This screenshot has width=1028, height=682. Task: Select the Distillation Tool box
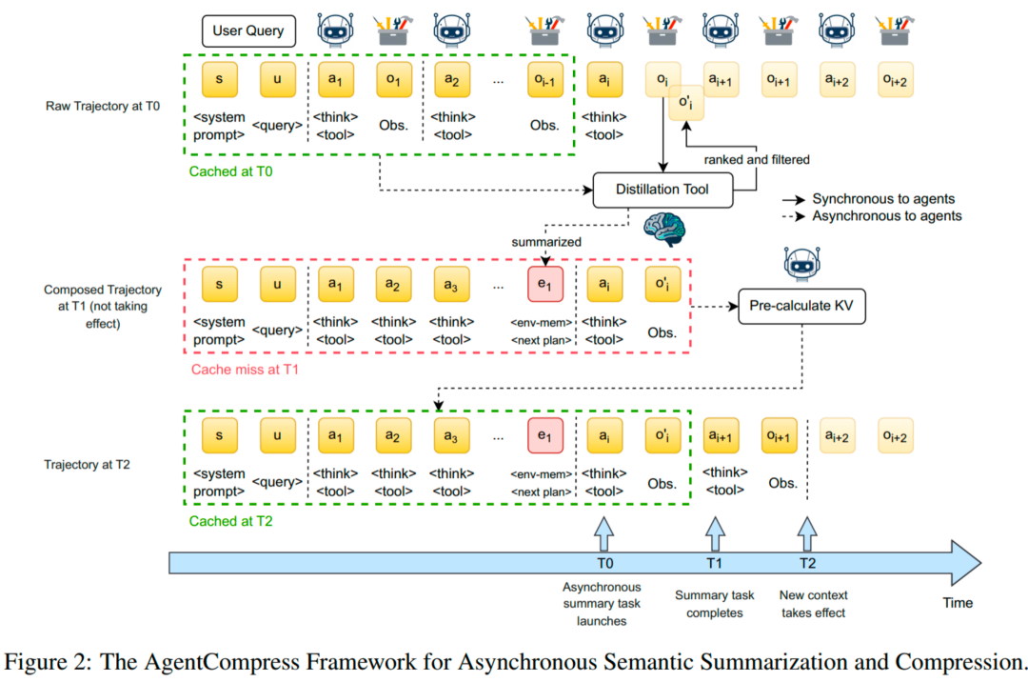click(662, 190)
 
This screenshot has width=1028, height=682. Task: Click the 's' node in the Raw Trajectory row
click(220, 79)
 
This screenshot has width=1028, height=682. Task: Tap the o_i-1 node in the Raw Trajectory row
click(545, 79)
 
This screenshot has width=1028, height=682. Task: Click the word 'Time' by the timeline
click(958, 602)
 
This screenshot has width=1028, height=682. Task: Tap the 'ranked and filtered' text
click(758, 159)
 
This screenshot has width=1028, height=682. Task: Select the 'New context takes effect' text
click(813, 604)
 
